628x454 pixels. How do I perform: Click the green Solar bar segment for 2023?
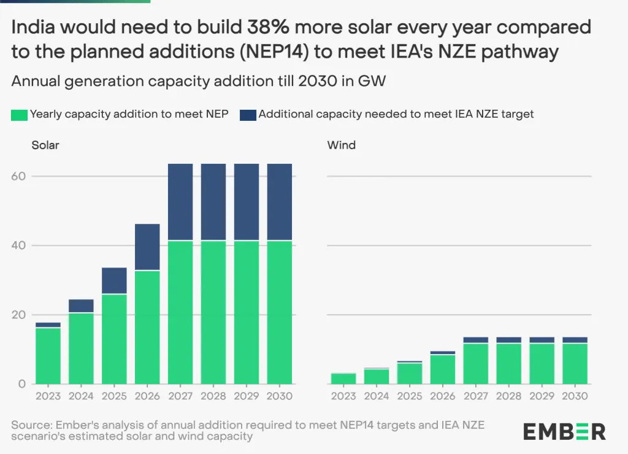click(48, 356)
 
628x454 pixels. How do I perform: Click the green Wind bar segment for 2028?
click(509, 363)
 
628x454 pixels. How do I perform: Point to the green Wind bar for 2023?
click(343, 379)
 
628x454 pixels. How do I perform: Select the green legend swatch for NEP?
click(19, 114)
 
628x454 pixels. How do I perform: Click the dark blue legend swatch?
click(248, 114)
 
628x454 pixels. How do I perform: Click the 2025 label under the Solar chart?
click(114, 396)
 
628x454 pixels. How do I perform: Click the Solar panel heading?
click(45, 145)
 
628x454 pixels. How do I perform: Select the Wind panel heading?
click(341, 145)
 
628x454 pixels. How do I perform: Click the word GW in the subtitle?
click(372, 82)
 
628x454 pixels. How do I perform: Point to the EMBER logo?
click(564, 431)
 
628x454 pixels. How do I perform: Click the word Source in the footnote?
click(29, 425)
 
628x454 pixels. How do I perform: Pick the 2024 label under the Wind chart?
click(377, 396)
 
